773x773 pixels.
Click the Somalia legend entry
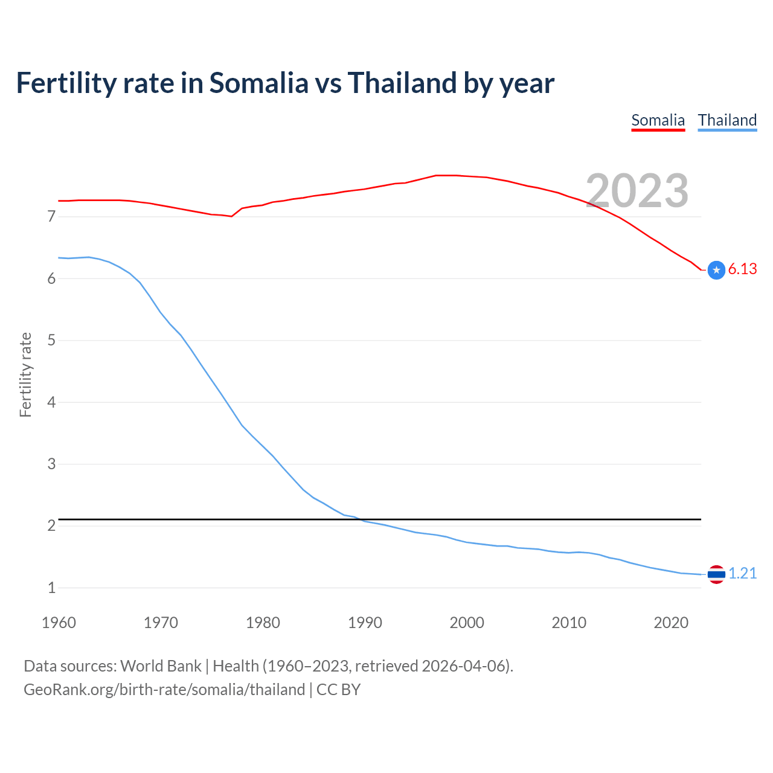tap(658, 120)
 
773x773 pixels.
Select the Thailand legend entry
tap(727, 120)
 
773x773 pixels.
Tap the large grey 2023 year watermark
tap(637, 191)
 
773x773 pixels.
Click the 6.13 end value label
tap(742, 269)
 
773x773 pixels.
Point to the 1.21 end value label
tap(742, 573)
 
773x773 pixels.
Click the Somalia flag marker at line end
tap(716, 270)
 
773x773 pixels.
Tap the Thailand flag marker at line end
tap(716, 574)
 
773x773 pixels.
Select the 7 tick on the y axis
tap(51, 216)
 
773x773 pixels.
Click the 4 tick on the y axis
tap(51, 402)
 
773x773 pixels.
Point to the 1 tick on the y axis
tap(51, 588)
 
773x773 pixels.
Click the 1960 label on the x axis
tap(59, 623)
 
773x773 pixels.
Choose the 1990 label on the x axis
tap(365, 623)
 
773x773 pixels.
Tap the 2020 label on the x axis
tap(671, 623)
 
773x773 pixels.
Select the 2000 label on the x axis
tap(467, 623)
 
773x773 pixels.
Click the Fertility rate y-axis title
tap(25, 374)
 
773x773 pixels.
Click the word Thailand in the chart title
tap(402, 83)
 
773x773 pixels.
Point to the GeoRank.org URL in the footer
tap(164, 690)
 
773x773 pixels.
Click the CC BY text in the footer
tap(338, 690)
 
